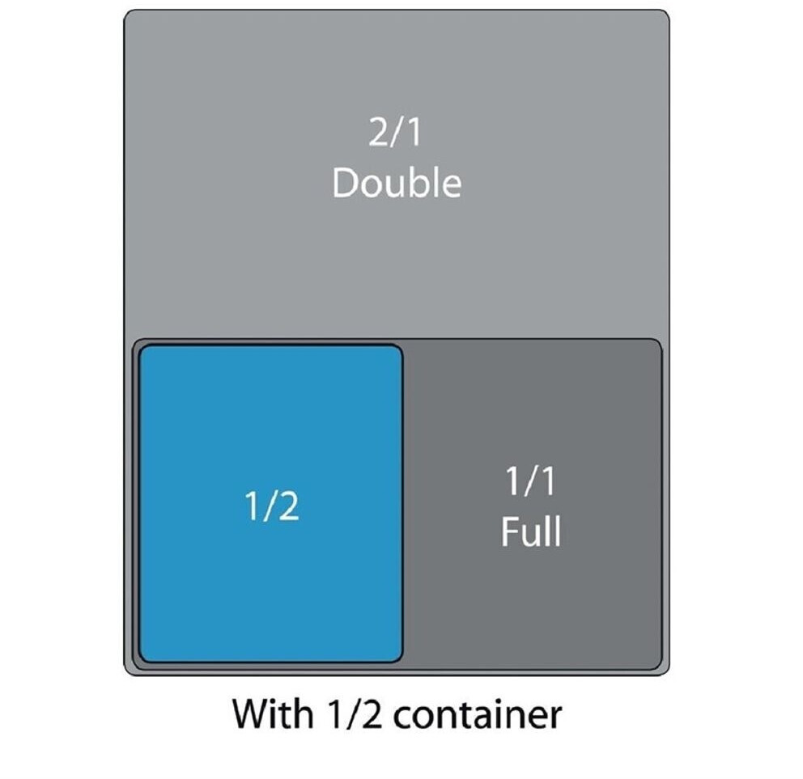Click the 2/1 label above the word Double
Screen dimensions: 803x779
coord(395,133)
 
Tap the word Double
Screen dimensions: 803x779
coord(396,184)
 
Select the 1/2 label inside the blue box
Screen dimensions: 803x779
coord(271,507)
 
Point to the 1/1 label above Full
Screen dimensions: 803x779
coord(530,483)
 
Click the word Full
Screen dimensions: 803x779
coord(530,533)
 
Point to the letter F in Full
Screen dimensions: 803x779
coord(508,533)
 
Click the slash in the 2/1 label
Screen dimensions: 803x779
coord(395,133)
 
